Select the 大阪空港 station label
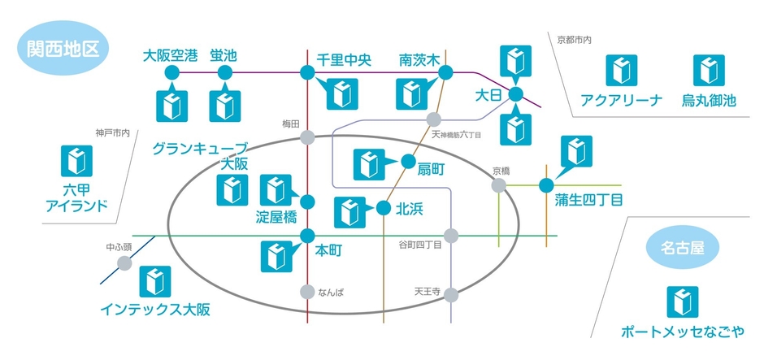click(x=170, y=56)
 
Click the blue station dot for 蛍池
click(x=224, y=74)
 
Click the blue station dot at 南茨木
click(x=445, y=73)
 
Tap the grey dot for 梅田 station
click(x=307, y=137)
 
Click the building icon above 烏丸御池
click(x=709, y=72)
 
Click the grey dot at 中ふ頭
click(x=124, y=262)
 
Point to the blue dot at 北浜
click(x=383, y=208)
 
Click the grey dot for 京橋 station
click(x=499, y=185)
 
